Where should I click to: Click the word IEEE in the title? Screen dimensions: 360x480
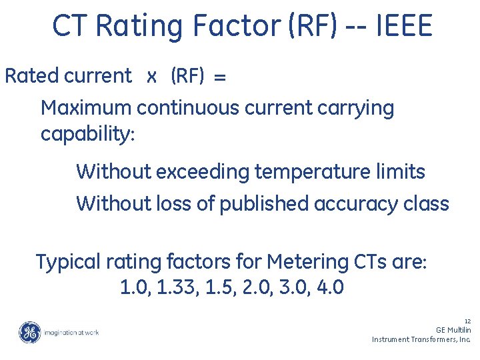coord(405,27)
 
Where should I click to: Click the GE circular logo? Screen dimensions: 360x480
coord(29,332)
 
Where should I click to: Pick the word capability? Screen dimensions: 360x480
coord(87,134)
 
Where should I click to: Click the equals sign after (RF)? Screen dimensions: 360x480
coord(220,77)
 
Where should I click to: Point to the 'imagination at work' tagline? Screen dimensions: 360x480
coord(71,332)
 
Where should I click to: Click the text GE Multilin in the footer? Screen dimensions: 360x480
coord(453,330)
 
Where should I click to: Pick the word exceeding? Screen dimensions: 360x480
coord(203,172)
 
